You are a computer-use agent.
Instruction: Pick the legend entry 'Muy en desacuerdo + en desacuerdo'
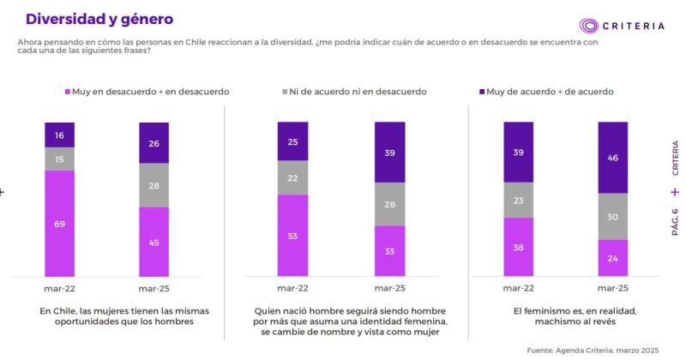147,91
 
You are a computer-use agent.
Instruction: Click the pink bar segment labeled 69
60,223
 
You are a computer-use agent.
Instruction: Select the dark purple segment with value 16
60,135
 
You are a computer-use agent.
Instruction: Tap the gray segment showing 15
60,159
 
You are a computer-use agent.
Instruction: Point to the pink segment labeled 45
153,242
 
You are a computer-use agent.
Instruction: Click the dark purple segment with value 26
153,142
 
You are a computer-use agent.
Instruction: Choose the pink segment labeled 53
292,236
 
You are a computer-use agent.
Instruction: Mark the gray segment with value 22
292,177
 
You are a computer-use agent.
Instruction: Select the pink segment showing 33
389,252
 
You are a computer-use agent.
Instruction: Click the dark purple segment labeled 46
612,158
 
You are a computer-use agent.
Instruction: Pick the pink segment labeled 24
612,258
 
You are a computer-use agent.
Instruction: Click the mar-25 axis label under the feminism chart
612,288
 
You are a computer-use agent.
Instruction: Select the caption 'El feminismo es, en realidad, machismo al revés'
565,316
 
